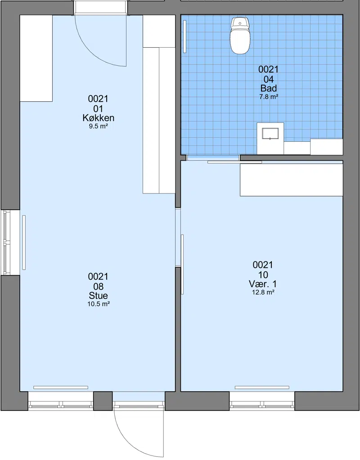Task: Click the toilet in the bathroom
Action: click(240, 36)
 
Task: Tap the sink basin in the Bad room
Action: click(270, 134)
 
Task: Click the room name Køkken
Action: click(98, 118)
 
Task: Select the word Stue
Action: click(98, 295)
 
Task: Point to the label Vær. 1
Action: click(263, 284)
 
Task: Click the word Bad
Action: click(269, 88)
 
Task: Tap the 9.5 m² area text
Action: click(98, 127)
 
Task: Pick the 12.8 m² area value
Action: click(263, 292)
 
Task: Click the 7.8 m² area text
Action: click(269, 96)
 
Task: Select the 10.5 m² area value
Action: click(98, 304)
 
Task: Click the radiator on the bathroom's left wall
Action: click(184, 36)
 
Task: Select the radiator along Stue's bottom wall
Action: click(61, 388)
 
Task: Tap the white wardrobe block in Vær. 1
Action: click(291, 180)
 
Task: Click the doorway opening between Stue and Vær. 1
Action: click(178, 237)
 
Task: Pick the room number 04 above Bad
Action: click(269, 79)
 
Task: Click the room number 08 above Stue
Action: click(98, 286)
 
